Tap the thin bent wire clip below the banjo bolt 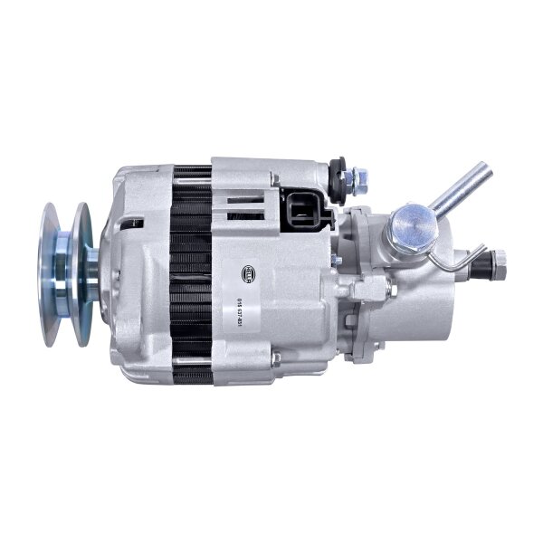point(457,262)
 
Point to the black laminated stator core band point(192,271)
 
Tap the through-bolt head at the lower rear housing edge point(276,359)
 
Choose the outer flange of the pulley point(49,274)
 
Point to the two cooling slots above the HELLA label point(240,199)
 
